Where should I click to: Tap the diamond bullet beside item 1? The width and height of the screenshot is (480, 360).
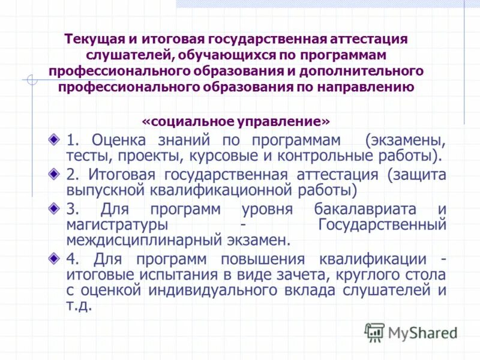pos(55,140)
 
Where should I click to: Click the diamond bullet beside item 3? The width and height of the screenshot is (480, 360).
pos(55,209)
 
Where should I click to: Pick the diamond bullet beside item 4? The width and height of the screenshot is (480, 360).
pos(55,259)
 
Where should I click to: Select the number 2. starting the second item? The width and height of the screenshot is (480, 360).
pos(73,175)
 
